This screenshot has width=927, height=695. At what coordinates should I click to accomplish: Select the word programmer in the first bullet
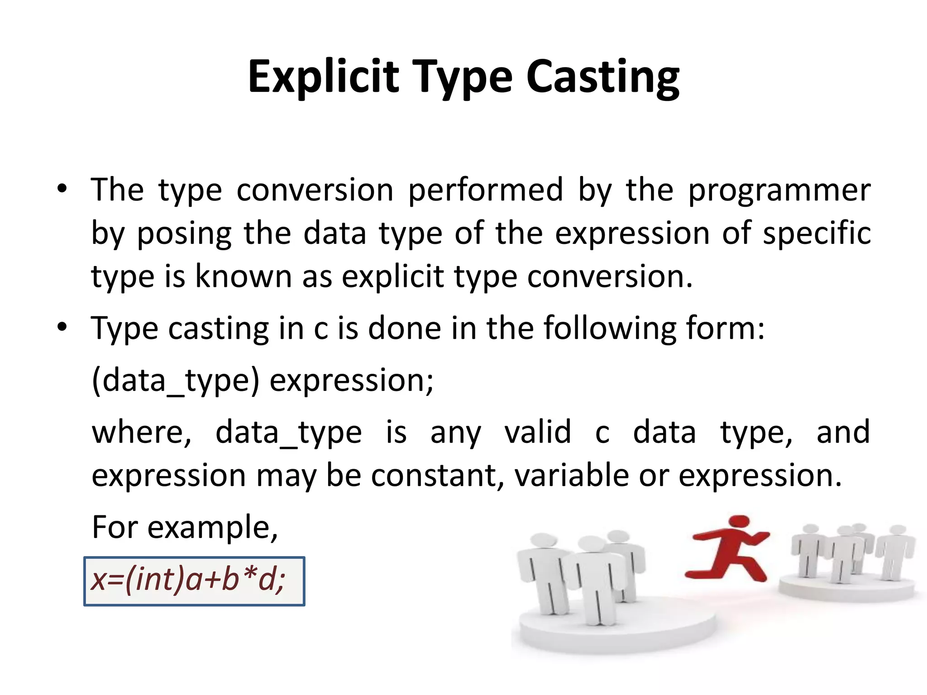click(779, 190)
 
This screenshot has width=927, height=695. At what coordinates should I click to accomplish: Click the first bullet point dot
click(62, 188)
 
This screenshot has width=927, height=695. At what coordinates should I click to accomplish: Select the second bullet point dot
click(62, 327)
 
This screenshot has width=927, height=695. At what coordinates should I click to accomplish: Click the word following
click(610, 328)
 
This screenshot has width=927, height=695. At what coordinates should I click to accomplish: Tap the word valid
click(537, 432)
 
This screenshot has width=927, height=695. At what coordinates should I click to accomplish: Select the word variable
click(572, 476)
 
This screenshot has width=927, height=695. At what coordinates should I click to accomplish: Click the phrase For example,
click(185, 528)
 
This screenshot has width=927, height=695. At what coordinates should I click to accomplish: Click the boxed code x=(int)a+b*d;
click(194, 581)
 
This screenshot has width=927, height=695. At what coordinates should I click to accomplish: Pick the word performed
click(486, 190)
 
